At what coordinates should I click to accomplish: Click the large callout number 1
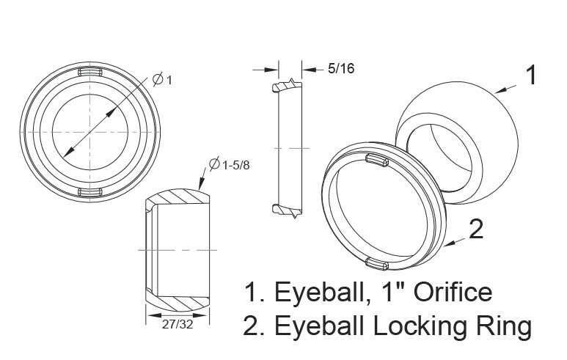[x=533, y=75]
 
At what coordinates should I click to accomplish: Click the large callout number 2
[x=475, y=229]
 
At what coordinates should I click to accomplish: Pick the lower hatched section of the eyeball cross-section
[x=180, y=301]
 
